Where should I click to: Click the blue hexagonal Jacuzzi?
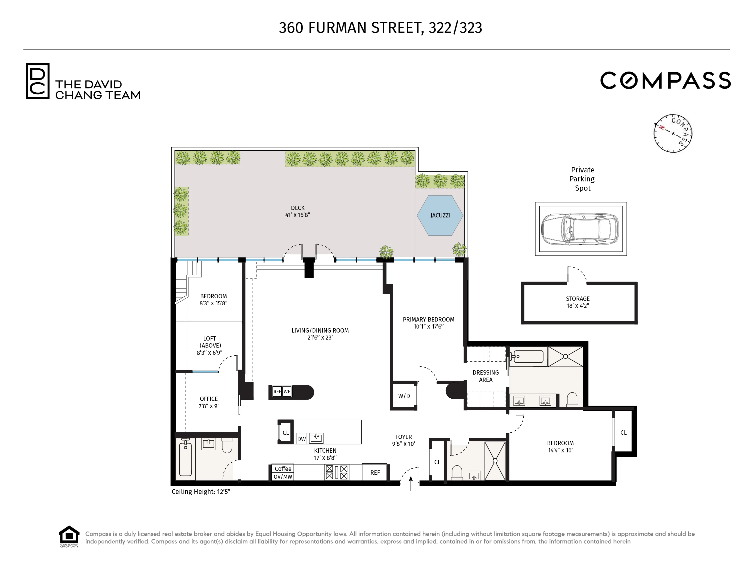(440, 215)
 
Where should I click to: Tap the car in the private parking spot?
(580, 229)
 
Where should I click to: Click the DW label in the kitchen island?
(301, 439)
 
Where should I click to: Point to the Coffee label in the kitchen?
(283, 469)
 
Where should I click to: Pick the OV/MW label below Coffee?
(283, 476)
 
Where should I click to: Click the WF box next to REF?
(287, 391)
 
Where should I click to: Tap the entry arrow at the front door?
(411, 484)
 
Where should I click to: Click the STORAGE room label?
(577, 299)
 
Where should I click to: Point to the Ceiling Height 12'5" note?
(201, 492)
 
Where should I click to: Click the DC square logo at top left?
(38, 81)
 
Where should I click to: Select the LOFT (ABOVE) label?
(209, 342)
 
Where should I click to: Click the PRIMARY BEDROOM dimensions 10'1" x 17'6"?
(428, 327)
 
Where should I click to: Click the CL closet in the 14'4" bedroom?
(623, 432)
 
